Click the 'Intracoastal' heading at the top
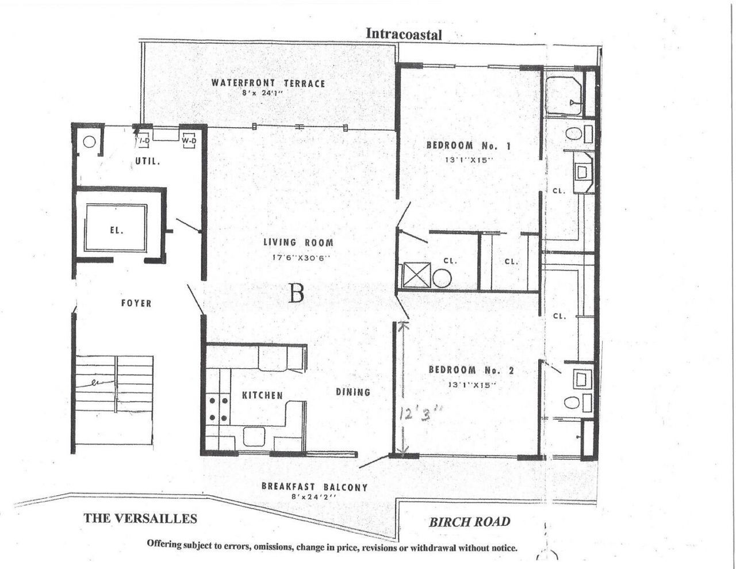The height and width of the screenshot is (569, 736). pyautogui.click(x=404, y=35)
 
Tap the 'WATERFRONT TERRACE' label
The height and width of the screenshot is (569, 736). pyautogui.click(x=268, y=83)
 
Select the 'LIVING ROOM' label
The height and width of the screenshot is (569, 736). pyautogui.click(x=298, y=243)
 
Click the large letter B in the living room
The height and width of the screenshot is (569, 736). pyautogui.click(x=296, y=294)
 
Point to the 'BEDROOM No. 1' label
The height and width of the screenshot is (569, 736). pyautogui.click(x=468, y=146)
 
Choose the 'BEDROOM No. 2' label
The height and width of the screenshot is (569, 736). pyautogui.click(x=471, y=370)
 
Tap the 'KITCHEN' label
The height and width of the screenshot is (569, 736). pyautogui.click(x=262, y=395)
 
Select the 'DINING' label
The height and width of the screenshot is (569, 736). pyautogui.click(x=353, y=392)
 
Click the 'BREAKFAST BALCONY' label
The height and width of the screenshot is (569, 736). pyautogui.click(x=315, y=487)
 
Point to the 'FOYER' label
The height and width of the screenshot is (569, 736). pyautogui.click(x=136, y=303)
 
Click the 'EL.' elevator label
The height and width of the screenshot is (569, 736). pyautogui.click(x=117, y=230)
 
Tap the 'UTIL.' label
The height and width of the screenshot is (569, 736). pyautogui.click(x=148, y=162)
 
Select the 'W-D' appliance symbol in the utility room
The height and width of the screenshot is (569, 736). pyautogui.click(x=189, y=140)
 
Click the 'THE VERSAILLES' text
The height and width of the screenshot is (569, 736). pyautogui.click(x=140, y=518)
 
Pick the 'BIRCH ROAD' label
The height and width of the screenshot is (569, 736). pyautogui.click(x=469, y=522)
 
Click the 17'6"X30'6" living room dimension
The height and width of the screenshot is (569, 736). pyautogui.click(x=301, y=258)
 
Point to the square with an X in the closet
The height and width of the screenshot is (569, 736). pyautogui.click(x=416, y=275)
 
